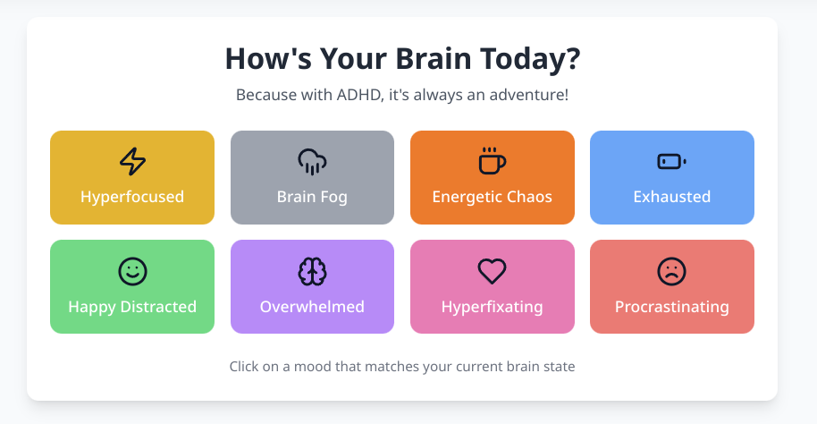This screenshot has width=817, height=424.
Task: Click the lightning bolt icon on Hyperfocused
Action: pos(132,161)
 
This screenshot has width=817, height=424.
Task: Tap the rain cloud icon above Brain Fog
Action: pos(312,161)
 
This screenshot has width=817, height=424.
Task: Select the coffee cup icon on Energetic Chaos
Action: pos(492,161)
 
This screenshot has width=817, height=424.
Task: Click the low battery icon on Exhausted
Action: pos(671,162)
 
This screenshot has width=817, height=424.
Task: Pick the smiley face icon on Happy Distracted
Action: pos(132,271)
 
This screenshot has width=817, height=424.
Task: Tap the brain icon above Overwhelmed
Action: pos(312,271)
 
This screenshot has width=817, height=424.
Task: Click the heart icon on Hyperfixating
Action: pos(492,271)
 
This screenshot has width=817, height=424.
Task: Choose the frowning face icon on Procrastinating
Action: pos(671,271)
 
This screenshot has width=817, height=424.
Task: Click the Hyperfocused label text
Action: pos(132,197)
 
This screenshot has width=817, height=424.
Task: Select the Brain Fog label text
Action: pos(312,197)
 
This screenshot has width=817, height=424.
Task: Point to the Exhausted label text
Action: pos(671,197)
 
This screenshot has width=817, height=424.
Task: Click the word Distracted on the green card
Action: pos(158,307)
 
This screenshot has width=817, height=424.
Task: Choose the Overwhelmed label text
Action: pos(312,307)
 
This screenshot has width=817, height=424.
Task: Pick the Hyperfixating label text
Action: pos(492,307)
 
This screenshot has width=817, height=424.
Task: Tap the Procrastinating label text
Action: pos(671,307)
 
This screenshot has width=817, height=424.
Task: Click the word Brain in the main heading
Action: pos(434,58)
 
